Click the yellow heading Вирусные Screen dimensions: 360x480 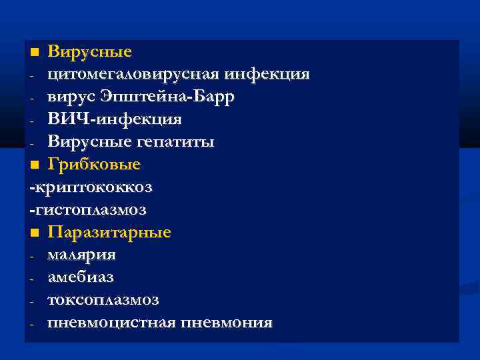(90, 51)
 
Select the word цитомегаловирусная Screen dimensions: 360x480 (134, 74)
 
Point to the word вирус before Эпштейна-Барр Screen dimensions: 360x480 (71, 97)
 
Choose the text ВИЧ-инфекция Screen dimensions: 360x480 (114, 119)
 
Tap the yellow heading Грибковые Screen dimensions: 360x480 (94, 164)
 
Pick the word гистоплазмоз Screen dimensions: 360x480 (91, 209)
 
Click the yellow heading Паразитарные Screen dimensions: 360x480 (109, 233)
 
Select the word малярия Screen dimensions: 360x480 (81, 255)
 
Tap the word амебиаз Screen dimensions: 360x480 (81, 277)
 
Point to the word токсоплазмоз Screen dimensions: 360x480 (103, 300)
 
